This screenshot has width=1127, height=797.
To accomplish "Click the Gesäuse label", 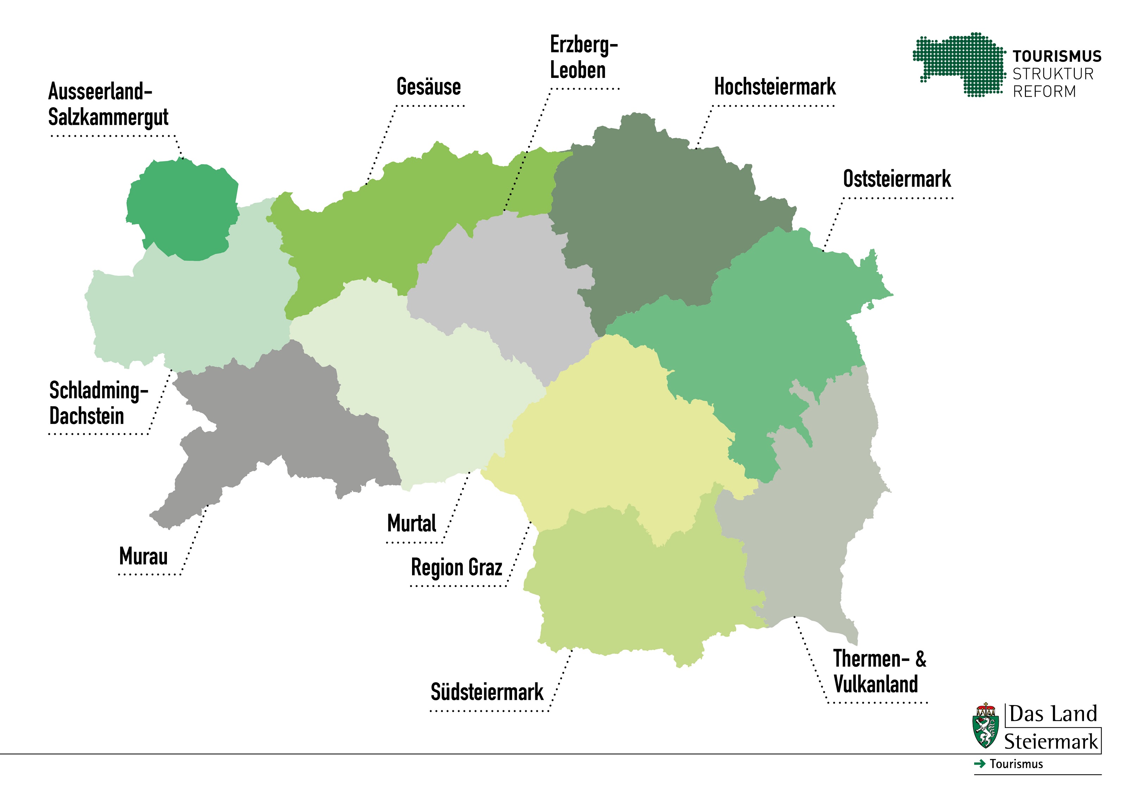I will (x=429, y=87).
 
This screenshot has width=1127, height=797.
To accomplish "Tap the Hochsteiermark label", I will (x=774, y=87).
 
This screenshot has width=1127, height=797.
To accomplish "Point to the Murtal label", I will (x=411, y=524).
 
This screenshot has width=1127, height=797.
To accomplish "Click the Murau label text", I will (x=143, y=556).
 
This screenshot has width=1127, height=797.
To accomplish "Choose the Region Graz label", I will (x=456, y=568).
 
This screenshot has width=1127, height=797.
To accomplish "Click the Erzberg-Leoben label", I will (x=583, y=57).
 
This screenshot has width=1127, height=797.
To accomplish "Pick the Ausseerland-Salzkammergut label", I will (x=108, y=104).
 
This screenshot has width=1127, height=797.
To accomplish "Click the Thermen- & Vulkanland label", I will (x=879, y=671).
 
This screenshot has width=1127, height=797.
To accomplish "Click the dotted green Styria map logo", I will (x=957, y=64).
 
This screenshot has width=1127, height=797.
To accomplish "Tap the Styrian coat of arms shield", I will (x=985, y=727).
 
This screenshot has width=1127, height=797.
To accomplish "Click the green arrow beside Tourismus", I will (x=980, y=764).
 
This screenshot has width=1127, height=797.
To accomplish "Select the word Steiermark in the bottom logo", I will (x=1051, y=742).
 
